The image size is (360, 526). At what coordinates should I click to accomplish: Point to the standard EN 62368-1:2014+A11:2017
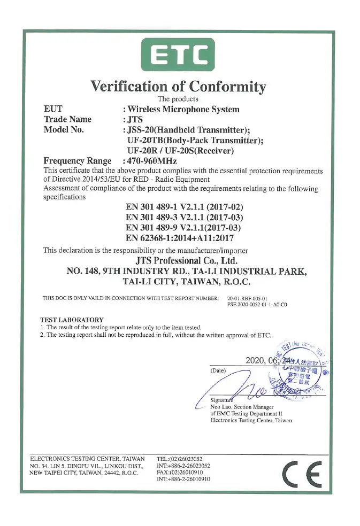click(x=179, y=238)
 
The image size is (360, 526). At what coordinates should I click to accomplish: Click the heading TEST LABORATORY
click(x=72, y=320)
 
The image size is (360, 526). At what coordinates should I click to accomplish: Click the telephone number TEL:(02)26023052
click(x=179, y=459)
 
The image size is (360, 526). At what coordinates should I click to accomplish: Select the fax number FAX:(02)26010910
click(x=180, y=473)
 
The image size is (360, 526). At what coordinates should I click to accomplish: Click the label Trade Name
click(x=67, y=119)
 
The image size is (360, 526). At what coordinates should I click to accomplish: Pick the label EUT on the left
click(x=53, y=109)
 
